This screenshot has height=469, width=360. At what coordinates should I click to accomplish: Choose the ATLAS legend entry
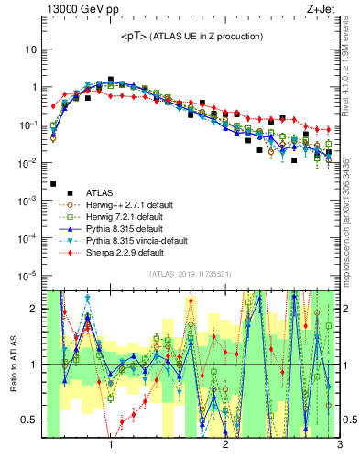tap(93, 193)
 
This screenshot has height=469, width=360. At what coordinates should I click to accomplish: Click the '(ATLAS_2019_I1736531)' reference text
tap(191, 275)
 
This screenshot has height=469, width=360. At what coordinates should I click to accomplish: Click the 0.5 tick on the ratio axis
tap(30, 420)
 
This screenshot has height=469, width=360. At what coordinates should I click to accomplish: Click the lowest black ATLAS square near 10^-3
tap(53, 184)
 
